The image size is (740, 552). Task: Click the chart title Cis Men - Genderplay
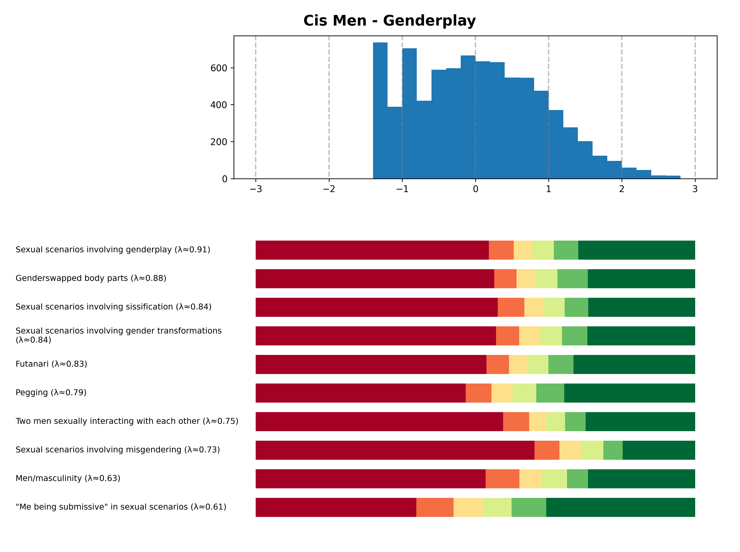[389, 21]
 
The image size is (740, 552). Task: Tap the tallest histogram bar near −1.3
[380, 110]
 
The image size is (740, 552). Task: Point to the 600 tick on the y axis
[219, 68]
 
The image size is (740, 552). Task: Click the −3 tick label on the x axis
[255, 189]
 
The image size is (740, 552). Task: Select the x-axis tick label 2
[621, 189]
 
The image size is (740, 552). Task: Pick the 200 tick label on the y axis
[219, 142]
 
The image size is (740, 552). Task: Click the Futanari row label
[51, 364]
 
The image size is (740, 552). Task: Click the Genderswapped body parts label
[91, 278]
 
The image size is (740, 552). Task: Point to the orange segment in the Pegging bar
[478, 393]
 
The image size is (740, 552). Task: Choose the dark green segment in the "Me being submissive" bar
[620, 507]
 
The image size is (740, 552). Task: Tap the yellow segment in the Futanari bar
[518, 364]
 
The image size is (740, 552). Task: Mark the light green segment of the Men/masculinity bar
[554, 479]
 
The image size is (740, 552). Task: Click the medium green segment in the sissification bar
[576, 307]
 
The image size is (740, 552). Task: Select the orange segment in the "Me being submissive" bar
[435, 507]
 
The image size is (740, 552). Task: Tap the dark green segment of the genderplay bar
[637, 250]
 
